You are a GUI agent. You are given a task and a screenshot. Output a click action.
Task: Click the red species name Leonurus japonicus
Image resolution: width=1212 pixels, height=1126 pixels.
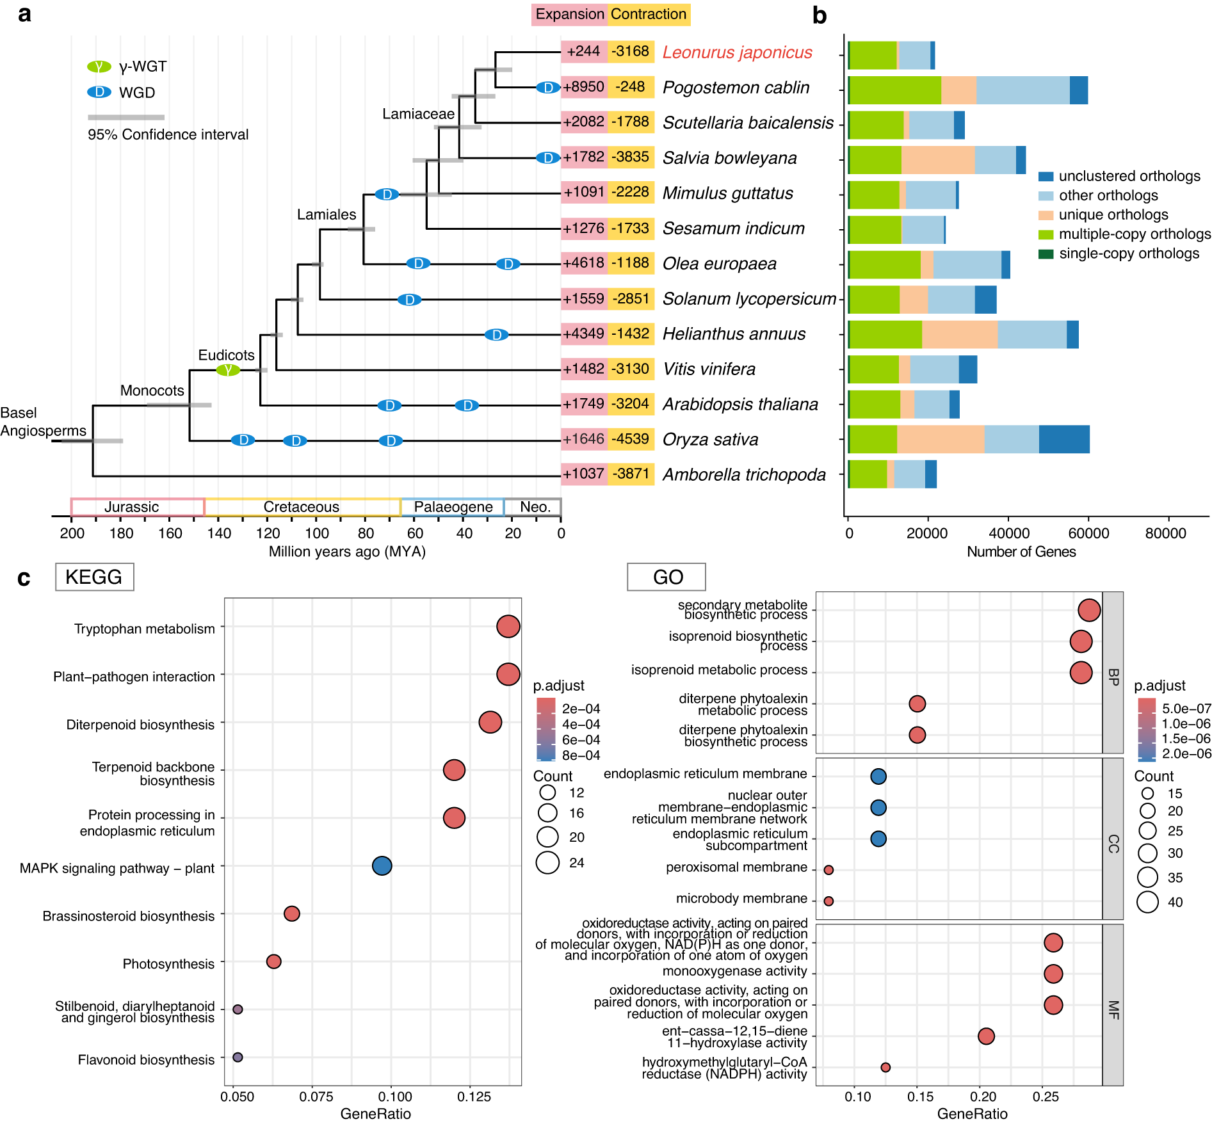737,52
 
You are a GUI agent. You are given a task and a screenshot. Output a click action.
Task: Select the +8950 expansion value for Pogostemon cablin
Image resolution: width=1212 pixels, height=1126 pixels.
583,87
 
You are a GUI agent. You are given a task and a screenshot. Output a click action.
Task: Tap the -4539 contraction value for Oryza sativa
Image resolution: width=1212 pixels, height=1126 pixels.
631,439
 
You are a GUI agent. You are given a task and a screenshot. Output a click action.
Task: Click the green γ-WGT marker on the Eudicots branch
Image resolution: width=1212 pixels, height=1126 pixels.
227,370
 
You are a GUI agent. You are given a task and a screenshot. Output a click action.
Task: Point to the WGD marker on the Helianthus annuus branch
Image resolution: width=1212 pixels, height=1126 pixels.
496,335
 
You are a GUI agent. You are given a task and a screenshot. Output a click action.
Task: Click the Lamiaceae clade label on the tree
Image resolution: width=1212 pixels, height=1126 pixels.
418,114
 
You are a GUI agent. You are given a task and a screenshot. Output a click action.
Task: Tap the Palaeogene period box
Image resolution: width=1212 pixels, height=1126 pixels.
453,507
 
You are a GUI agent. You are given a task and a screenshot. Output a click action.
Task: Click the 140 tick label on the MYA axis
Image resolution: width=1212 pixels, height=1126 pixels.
219,533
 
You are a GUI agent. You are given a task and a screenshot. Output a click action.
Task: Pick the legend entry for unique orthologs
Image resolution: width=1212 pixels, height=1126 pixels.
1113,215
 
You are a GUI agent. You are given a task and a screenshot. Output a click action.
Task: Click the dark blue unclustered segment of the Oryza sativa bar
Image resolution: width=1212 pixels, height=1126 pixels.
1063,440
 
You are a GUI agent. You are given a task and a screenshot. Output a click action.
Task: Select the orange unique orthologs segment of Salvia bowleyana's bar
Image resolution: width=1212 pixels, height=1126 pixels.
937,160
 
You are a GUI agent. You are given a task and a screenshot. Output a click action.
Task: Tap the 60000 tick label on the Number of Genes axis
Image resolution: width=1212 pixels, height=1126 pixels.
1088,533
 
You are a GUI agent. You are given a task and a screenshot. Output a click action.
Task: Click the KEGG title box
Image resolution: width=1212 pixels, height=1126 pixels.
94,577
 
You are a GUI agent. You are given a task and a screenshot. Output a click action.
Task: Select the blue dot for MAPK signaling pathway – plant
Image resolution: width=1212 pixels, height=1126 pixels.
382,865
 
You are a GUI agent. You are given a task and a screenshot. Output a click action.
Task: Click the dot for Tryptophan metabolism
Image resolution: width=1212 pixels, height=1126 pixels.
508,626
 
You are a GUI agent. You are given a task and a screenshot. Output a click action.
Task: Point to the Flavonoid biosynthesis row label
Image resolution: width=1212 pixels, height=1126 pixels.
146,1060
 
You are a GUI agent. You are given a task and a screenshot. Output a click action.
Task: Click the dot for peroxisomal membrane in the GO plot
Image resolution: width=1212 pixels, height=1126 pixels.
828,870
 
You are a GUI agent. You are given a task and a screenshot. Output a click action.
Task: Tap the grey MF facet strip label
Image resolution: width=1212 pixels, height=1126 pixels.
1113,1010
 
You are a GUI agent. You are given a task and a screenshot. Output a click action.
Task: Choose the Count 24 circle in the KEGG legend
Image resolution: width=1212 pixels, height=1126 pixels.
547,862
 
